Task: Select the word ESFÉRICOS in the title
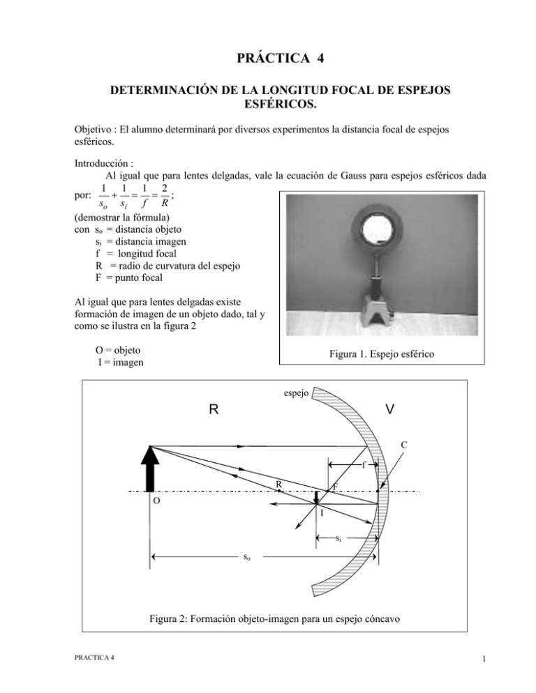tap(268, 107)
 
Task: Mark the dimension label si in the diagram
tap(338, 538)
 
